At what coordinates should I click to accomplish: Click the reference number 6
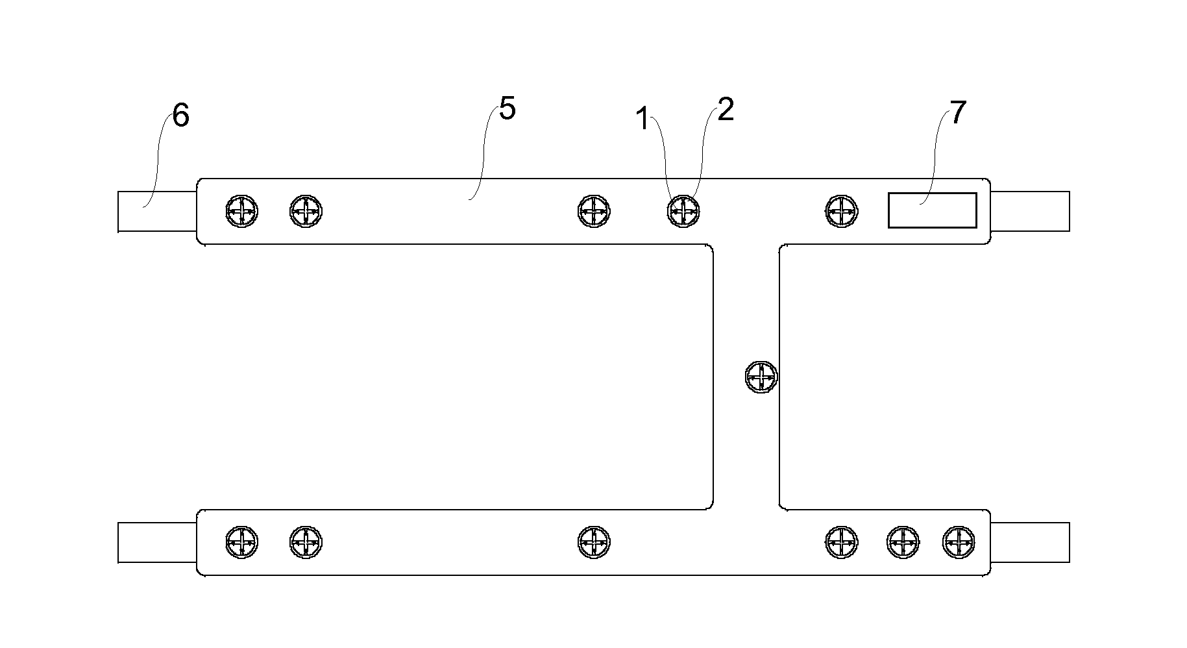click(180, 117)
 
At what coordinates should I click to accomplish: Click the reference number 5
click(507, 110)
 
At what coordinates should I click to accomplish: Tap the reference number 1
click(642, 119)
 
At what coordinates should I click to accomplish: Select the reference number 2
click(726, 111)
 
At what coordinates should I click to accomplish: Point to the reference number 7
click(958, 114)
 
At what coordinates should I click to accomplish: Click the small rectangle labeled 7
click(932, 210)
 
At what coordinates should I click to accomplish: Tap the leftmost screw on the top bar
click(241, 211)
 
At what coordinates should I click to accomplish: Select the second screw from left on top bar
click(306, 211)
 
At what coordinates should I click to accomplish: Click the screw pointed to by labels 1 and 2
click(683, 211)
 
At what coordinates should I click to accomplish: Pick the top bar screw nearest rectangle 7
click(841, 211)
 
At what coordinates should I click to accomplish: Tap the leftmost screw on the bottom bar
click(241, 542)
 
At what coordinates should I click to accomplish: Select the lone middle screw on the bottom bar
click(593, 542)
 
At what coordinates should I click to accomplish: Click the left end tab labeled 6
click(157, 212)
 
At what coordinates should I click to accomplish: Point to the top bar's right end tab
click(1030, 211)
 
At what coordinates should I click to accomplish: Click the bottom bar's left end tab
click(157, 542)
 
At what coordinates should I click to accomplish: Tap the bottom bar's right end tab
click(1030, 542)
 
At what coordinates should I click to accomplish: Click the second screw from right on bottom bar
click(903, 542)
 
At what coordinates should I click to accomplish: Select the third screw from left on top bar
click(593, 211)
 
